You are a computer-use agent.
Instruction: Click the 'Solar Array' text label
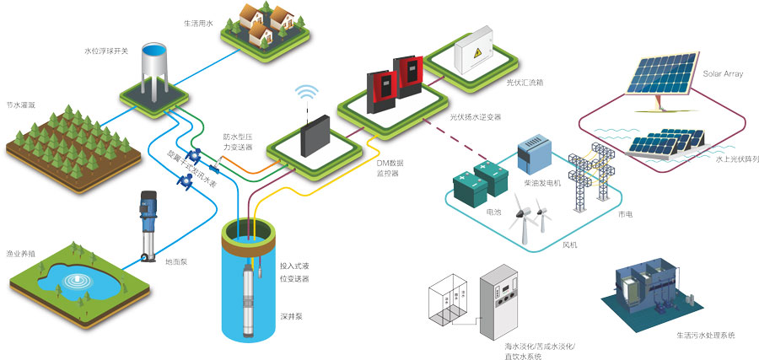[x=724, y=74]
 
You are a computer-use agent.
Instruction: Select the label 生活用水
[x=199, y=24]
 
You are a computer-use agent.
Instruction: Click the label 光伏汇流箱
[x=524, y=83]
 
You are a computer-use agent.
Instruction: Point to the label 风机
[x=570, y=244]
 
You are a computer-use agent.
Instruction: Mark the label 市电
[x=625, y=214]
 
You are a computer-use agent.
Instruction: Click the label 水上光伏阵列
[x=736, y=158]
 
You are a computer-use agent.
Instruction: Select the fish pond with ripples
[x=77, y=280]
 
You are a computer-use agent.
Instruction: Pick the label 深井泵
[x=289, y=318]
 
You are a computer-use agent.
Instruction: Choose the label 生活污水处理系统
[x=705, y=335]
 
